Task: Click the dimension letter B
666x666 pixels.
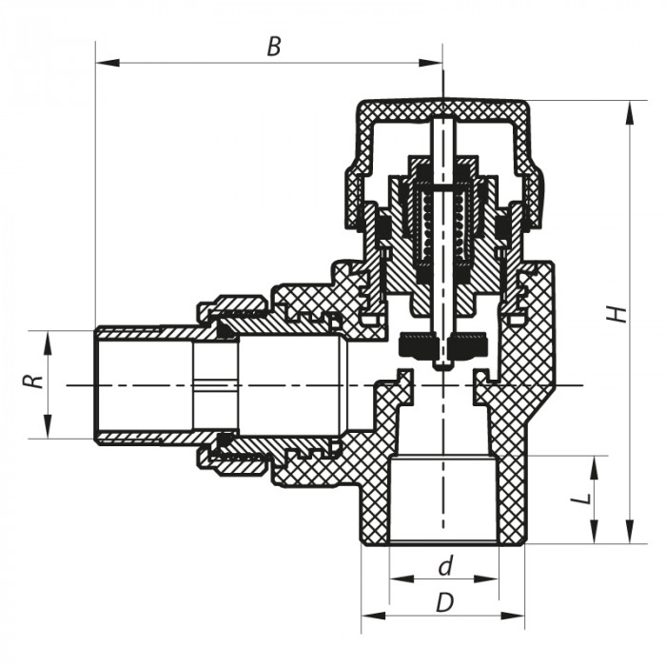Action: [274, 47]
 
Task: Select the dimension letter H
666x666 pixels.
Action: [618, 314]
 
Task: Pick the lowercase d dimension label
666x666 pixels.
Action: [444, 567]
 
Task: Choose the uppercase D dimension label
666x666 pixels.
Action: [444, 601]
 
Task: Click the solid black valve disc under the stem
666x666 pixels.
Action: [443, 342]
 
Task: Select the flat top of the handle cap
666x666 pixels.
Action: [443, 104]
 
